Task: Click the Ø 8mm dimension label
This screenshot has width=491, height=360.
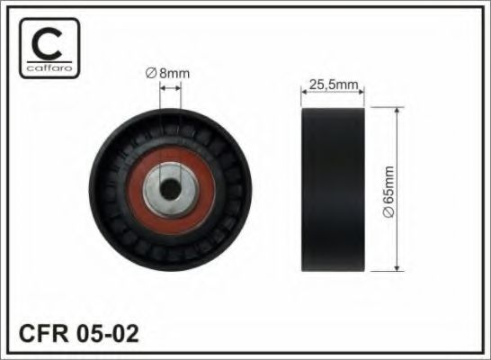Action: point(168,73)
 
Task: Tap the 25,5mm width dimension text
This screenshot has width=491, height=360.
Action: point(334,85)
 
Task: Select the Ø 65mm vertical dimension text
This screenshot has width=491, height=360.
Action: point(388,192)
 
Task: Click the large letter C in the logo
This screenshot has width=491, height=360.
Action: point(47,43)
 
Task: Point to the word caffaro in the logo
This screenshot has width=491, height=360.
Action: point(49,67)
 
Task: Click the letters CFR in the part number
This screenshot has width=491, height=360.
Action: point(44,333)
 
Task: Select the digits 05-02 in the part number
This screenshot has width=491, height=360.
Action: point(107,333)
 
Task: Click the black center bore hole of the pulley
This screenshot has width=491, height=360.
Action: point(171,189)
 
